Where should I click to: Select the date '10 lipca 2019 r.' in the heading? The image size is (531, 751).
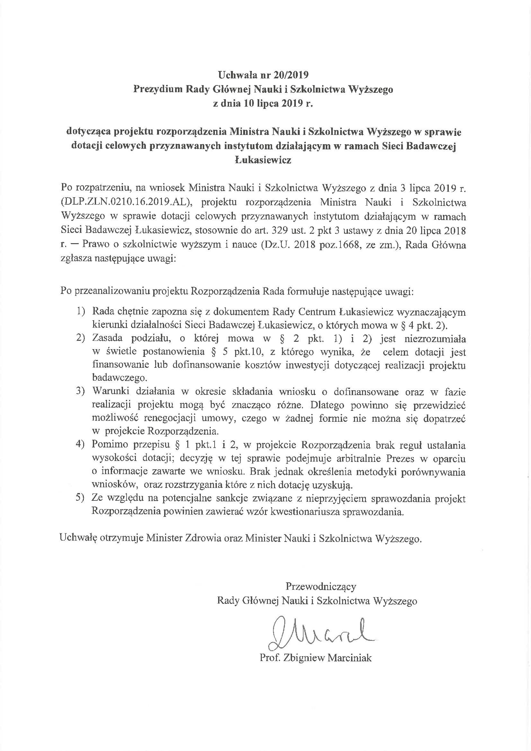pos(278,104)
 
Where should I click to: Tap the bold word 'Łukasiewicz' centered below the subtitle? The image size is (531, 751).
pos(263,160)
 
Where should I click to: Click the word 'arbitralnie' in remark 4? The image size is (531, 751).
pos(354,459)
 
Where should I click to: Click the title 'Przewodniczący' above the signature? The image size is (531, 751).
pos(321,586)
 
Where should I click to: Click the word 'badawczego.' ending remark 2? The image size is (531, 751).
pos(120,378)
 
